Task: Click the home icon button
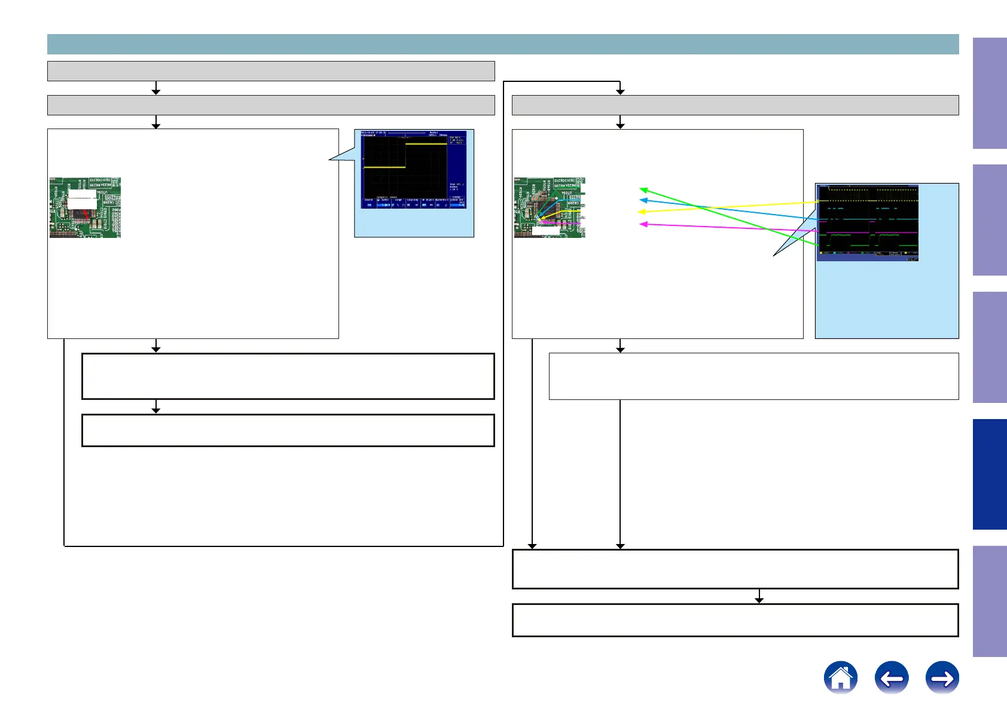(x=840, y=678)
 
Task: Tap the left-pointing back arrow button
(x=891, y=678)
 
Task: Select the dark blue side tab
(x=990, y=474)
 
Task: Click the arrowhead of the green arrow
(x=642, y=190)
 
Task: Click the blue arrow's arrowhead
(x=642, y=200)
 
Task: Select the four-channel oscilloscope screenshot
(x=867, y=222)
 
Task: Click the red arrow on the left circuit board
(x=87, y=213)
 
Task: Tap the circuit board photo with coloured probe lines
(x=549, y=207)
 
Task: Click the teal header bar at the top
(x=502, y=44)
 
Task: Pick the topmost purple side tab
(x=990, y=93)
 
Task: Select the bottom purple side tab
(x=990, y=601)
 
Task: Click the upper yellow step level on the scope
(x=426, y=144)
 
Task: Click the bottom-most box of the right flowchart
(x=735, y=620)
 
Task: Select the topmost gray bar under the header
(x=271, y=71)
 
